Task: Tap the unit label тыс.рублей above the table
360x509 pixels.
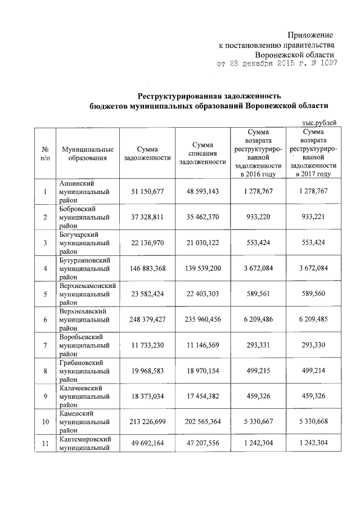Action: (x=319, y=122)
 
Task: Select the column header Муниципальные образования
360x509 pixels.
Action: (x=88, y=154)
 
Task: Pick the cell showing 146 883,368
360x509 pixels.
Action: (x=147, y=269)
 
